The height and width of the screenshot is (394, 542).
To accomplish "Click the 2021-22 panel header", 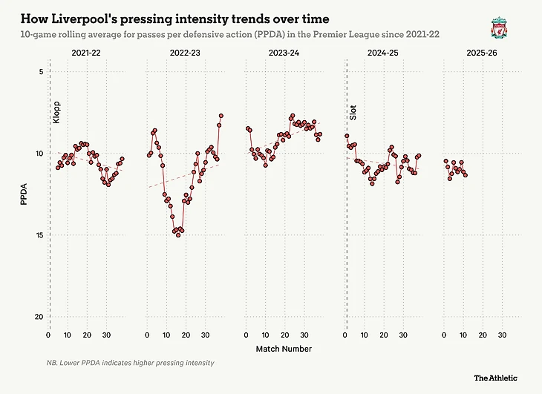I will click(x=87, y=53).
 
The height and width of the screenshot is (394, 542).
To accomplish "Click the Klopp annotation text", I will click(x=56, y=113).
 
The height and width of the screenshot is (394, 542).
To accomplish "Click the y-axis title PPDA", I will click(x=24, y=194).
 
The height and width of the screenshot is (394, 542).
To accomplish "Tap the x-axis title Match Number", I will click(x=284, y=349).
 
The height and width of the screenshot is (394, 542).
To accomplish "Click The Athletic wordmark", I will click(x=496, y=378).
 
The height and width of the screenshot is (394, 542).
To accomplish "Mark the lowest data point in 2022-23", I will click(x=178, y=234).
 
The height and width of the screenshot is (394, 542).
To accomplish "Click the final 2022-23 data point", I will click(x=221, y=116).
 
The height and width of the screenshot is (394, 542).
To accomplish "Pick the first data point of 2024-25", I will click(x=347, y=136).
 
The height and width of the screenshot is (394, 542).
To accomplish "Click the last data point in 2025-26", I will click(x=466, y=174).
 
